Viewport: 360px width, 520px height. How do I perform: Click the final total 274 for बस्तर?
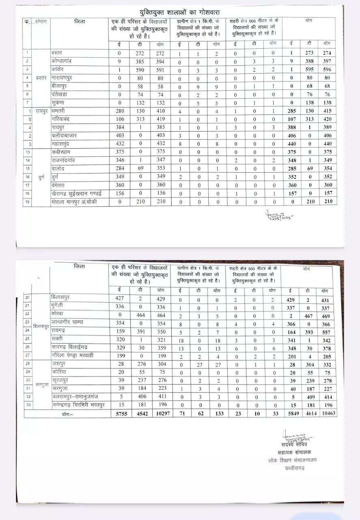coord(327,53)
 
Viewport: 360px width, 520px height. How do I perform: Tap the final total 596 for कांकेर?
coord(327,69)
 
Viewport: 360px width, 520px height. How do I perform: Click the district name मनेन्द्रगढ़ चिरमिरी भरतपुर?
coord(79,405)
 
